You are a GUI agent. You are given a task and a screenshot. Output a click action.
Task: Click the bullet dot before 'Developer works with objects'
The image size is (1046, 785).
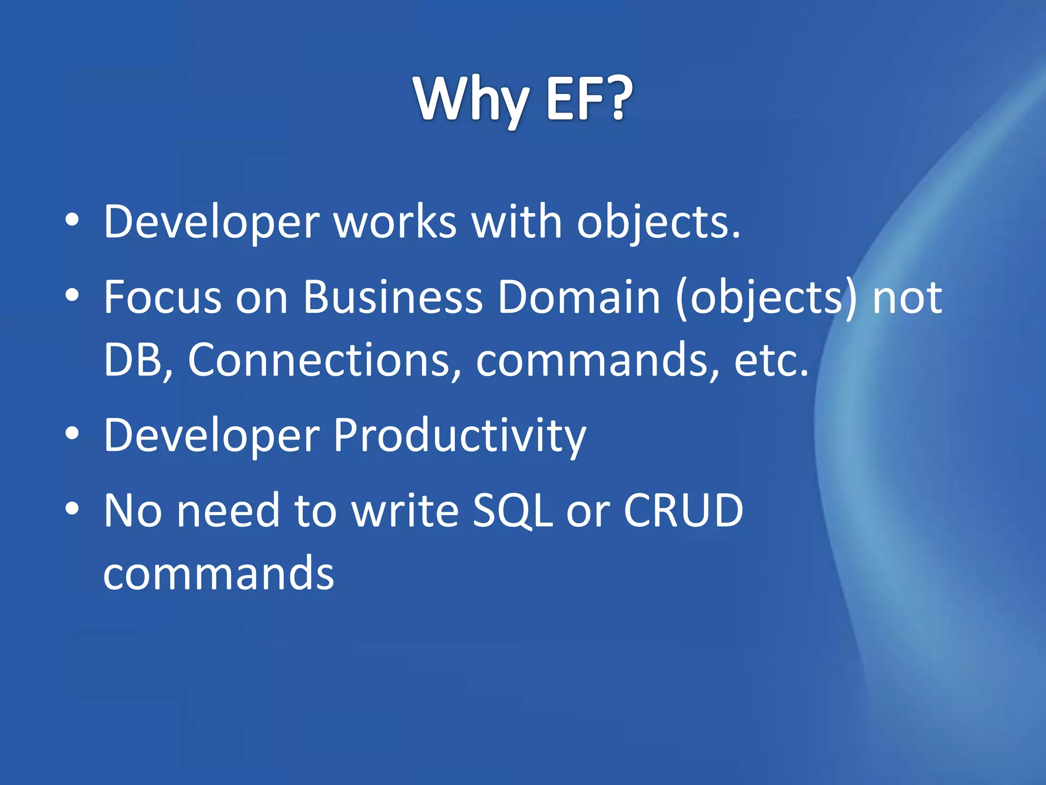[73, 220]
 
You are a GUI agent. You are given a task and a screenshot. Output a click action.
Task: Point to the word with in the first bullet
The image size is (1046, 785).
[516, 222]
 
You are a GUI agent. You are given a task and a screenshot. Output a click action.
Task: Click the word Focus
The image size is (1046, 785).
[162, 297]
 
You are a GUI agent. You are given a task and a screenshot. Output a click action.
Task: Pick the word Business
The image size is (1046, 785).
[393, 297]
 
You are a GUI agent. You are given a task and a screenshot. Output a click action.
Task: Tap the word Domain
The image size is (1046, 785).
[579, 297]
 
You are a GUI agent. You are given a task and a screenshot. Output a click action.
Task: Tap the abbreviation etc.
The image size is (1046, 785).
[771, 360]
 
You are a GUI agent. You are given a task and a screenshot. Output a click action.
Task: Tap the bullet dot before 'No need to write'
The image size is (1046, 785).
[73, 509]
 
